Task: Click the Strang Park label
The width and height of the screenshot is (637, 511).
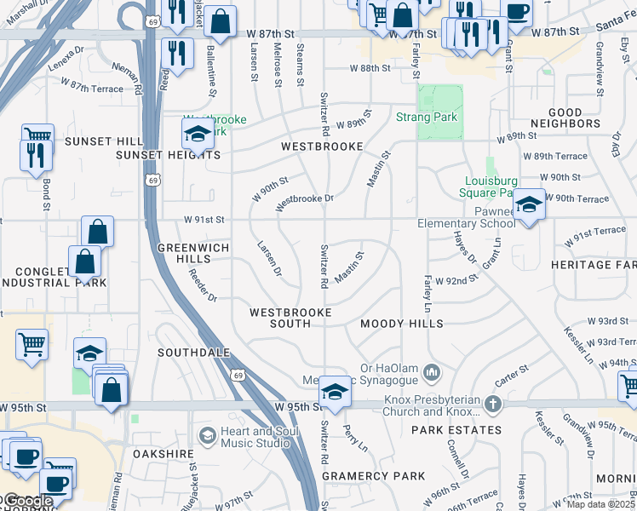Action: point(427,117)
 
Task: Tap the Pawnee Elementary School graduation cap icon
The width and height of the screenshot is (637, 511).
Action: point(529,205)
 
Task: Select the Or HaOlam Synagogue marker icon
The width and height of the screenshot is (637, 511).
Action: point(433,371)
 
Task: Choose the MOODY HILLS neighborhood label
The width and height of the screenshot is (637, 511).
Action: point(401,324)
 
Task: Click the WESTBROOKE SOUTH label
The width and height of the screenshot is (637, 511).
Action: point(290,318)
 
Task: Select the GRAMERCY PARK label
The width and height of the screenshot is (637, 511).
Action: point(368,475)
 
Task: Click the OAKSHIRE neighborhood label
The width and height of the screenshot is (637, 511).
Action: point(164,454)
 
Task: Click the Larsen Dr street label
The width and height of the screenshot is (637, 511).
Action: point(268,258)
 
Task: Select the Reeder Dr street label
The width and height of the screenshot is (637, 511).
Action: point(204,285)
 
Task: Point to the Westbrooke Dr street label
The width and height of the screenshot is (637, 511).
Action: point(304,202)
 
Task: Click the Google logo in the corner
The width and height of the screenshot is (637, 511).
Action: point(27,502)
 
